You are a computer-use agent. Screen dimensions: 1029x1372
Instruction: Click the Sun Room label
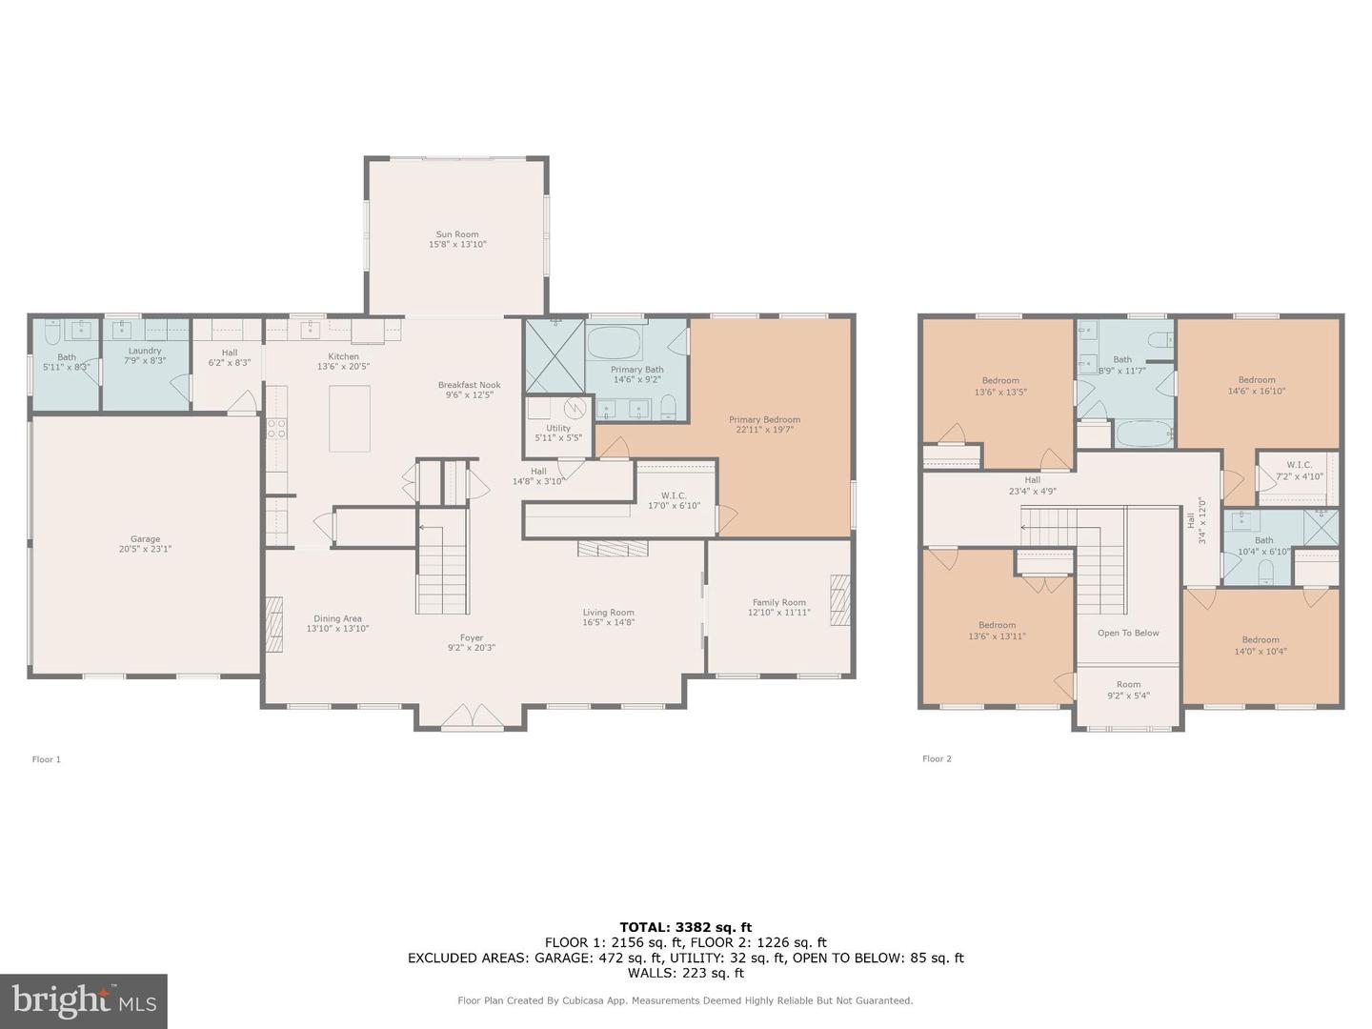click(457, 234)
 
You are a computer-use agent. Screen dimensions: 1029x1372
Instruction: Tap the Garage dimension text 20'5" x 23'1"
click(145, 549)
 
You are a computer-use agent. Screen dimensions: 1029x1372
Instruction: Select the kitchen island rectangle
click(350, 418)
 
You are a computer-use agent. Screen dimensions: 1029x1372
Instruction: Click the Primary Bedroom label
click(764, 419)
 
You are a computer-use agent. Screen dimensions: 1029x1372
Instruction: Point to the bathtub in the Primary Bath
click(615, 343)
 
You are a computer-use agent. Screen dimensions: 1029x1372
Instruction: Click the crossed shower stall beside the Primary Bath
click(555, 356)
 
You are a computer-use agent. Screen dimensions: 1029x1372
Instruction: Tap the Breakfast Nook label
click(469, 385)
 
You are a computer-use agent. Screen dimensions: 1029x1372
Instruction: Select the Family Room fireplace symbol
click(839, 599)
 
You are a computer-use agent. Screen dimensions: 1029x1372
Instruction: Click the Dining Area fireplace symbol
click(273, 624)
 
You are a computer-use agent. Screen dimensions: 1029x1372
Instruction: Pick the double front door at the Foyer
click(472, 717)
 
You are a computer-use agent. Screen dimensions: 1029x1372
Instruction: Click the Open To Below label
click(1128, 633)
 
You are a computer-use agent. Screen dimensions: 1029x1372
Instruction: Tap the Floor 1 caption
click(47, 759)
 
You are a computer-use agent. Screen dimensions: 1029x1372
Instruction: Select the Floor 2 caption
click(937, 758)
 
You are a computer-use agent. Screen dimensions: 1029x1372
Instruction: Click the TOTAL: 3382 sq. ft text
click(685, 927)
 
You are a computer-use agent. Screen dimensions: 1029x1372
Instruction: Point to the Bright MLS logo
click(84, 1000)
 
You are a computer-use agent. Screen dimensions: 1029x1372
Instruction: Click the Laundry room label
click(145, 351)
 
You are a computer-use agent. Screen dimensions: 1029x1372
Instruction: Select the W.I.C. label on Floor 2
click(1299, 465)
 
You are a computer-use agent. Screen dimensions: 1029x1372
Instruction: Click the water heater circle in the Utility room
click(575, 408)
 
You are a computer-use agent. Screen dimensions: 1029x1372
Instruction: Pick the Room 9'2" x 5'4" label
click(1128, 684)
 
